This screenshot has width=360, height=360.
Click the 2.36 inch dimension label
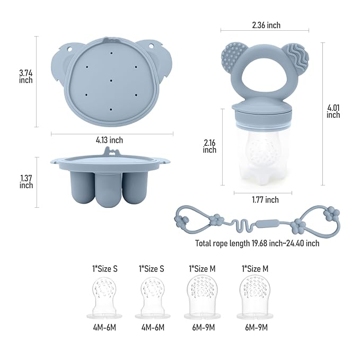pyautogui.click(x=266, y=25)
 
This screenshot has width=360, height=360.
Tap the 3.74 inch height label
pyautogui.click(x=25, y=77)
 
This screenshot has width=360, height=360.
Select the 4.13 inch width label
pyautogui.click(x=109, y=140)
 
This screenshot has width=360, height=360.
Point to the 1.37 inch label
pyautogui.click(x=26, y=182)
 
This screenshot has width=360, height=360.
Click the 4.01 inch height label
pyautogui.click(x=333, y=111)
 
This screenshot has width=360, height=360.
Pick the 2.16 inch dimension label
pyautogui.click(x=209, y=146)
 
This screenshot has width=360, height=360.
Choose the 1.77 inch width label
pyautogui.click(x=266, y=200)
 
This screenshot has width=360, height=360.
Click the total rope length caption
pyautogui.click(x=257, y=243)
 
